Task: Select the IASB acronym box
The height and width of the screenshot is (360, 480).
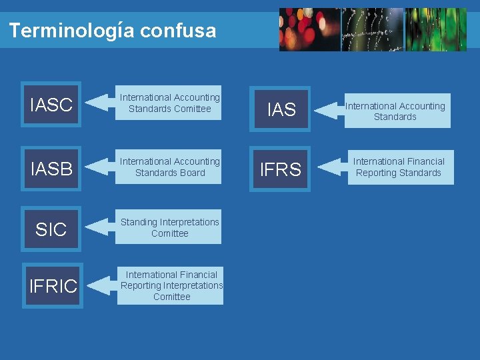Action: (51, 169)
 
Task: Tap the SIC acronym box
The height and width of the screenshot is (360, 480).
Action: (51, 229)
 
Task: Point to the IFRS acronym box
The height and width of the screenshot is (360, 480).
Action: (280, 169)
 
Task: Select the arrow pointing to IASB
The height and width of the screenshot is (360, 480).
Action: (101, 167)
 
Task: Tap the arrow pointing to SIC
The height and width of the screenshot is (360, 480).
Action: (101, 227)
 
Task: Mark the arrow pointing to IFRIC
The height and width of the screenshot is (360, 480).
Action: (101, 286)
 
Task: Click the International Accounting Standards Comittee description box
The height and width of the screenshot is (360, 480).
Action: (169, 103)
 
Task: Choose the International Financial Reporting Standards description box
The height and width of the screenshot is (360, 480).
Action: (399, 167)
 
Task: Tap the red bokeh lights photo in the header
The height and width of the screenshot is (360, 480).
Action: (309, 30)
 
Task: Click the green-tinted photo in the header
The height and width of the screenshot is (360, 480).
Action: (436, 30)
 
